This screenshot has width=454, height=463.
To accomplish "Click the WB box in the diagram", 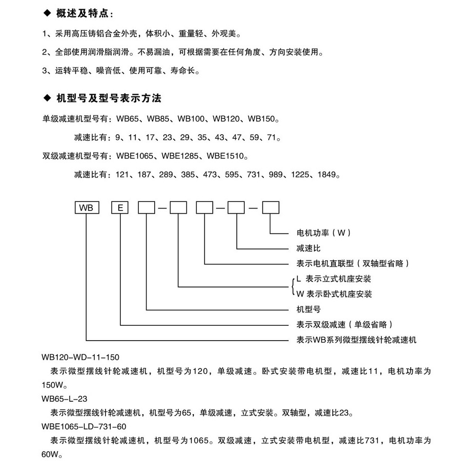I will [x=86, y=208].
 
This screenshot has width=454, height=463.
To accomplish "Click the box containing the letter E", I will [x=120, y=208].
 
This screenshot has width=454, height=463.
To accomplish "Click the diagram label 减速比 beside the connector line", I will [x=308, y=248].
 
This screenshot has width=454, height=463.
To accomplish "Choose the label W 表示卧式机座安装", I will [x=334, y=294].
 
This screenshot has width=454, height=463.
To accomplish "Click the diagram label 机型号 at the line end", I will [x=308, y=310].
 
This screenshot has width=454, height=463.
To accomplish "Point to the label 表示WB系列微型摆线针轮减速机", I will [x=357, y=340].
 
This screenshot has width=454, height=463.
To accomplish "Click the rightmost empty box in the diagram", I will [x=270, y=208].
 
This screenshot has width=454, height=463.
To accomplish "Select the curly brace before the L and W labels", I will [x=292, y=286].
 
